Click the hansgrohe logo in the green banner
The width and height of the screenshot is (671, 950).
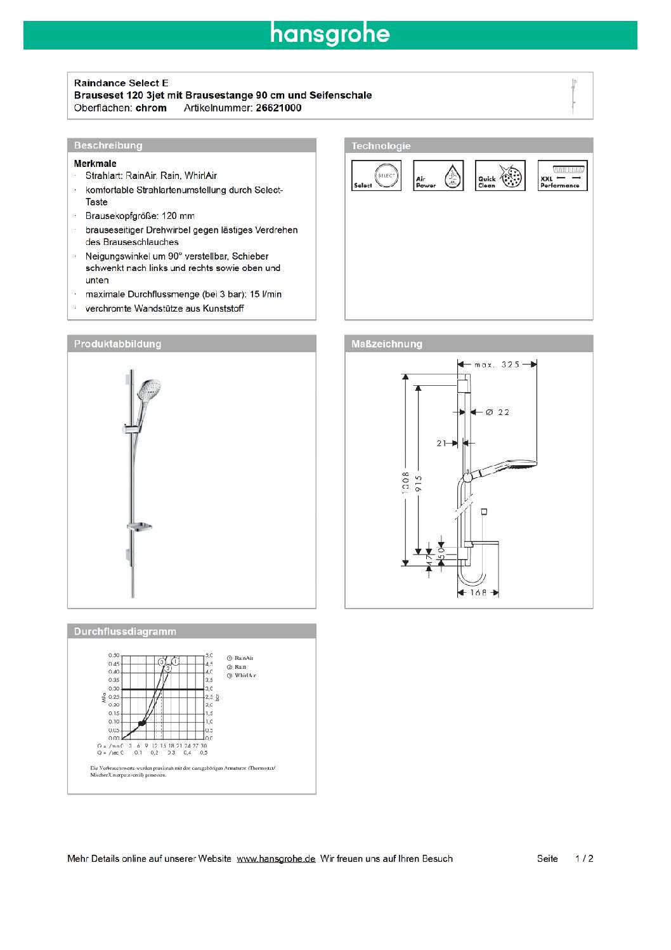[x=330, y=34]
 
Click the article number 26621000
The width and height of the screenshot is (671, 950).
[x=278, y=108]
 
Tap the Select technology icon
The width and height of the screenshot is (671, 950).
[x=376, y=176]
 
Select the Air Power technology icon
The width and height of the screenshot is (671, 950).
[x=438, y=176]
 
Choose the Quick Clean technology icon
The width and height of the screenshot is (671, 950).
[x=500, y=176]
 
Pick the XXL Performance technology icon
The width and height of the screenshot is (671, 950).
[x=562, y=176]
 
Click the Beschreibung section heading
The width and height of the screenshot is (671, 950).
[x=108, y=145]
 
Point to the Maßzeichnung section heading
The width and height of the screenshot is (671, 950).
[x=386, y=344]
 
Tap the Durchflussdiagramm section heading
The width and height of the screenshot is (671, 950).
[x=125, y=631]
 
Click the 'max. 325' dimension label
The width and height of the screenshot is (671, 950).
[x=497, y=364]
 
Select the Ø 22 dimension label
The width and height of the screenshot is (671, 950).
[x=497, y=412]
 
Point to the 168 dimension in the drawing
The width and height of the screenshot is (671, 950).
[x=478, y=593]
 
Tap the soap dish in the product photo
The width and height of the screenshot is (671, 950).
[x=140, y=526]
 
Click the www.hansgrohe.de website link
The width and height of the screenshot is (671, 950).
[x=276, y=859]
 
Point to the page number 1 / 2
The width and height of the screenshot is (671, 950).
[x=584, y=859]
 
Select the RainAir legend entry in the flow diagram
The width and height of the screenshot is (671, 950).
[x=244, y=658]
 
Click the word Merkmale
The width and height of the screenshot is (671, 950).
[x=95, y=164]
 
